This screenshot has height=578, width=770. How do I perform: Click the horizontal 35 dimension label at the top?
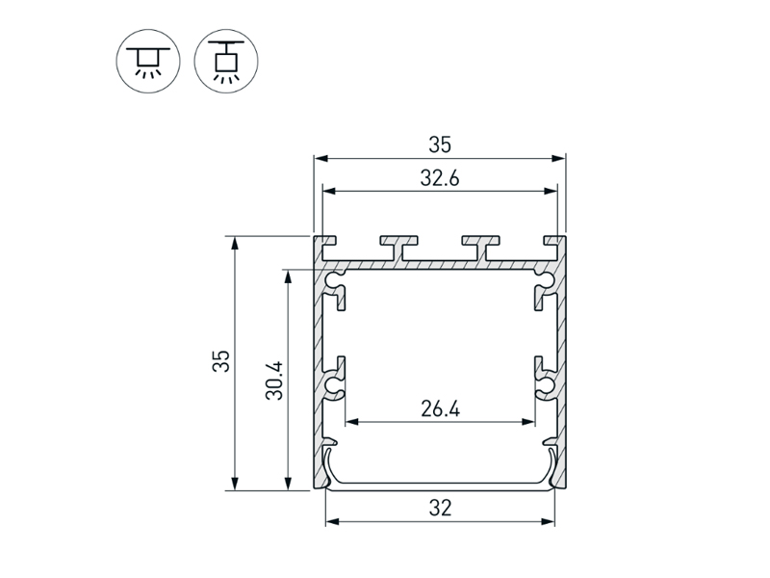click(x=440, y=145)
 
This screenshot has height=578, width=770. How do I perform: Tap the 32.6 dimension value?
click(x=440, y=178)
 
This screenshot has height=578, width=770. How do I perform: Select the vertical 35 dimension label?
click(x=221, y=361)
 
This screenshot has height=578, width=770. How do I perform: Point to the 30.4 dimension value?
click(x=274, y=381)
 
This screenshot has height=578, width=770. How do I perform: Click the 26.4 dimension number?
click(x=440, y=408)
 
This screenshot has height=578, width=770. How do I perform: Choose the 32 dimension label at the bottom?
click(x=440, y=508)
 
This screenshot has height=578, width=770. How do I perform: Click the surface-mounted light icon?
click(x=148, y=61)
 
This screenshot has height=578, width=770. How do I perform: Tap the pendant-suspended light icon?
click(x=226, y=61)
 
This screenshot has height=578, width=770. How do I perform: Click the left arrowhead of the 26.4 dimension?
click(x=352, y=422)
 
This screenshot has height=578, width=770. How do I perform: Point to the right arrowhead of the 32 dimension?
click(x=548, y=521)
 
